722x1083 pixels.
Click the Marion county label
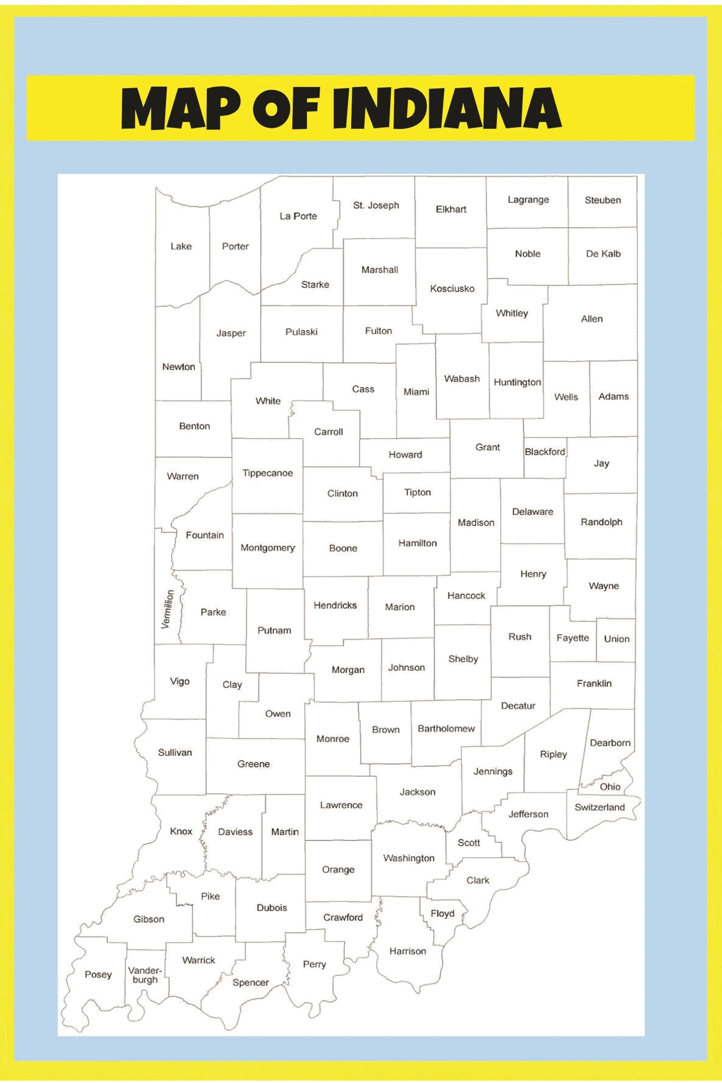click(400, 607)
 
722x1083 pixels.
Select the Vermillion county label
click(167, 609)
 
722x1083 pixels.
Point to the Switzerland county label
click(599, 807)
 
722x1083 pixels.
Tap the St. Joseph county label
click(376, 205)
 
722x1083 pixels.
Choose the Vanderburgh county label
click(145, 975)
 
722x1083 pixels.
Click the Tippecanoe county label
click(268, 473)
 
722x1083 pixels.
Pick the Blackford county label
click(545, 452)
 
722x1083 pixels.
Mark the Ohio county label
click(609, 786)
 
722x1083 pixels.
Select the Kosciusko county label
click(452, 289)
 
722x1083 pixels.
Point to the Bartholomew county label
click(446, 728)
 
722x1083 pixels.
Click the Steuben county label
click(603, 200)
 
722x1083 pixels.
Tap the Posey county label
click(98, 975)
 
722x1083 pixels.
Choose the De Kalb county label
click(603, 254)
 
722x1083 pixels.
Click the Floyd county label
click(442, 913)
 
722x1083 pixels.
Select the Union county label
click(617, 639)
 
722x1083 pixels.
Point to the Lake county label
click(181, 246)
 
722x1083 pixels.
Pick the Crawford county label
click(343, 918)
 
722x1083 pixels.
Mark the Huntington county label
click(517, 382)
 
